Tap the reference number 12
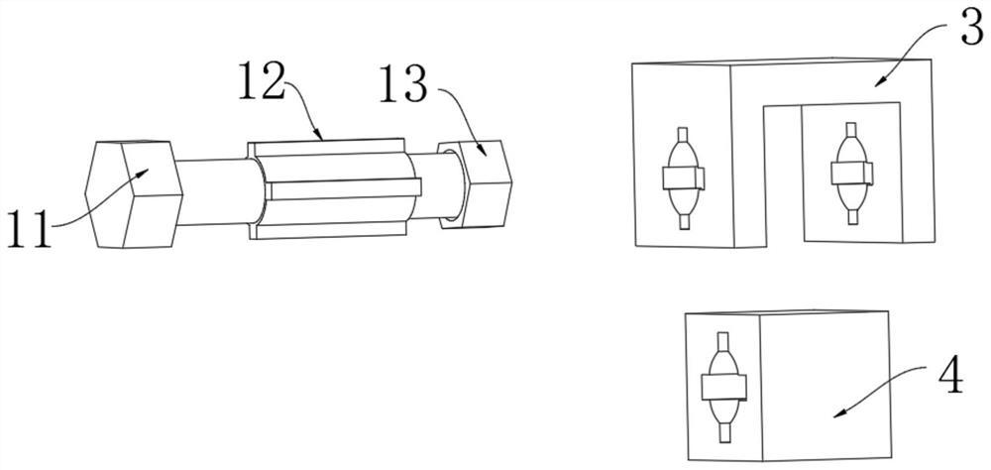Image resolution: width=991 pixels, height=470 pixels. coord(261,81)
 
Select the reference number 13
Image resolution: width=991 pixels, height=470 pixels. coord(402,83)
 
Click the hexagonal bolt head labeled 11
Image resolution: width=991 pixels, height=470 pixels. coord(134,194)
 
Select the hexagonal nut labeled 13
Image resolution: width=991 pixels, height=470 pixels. coord(475,183)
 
